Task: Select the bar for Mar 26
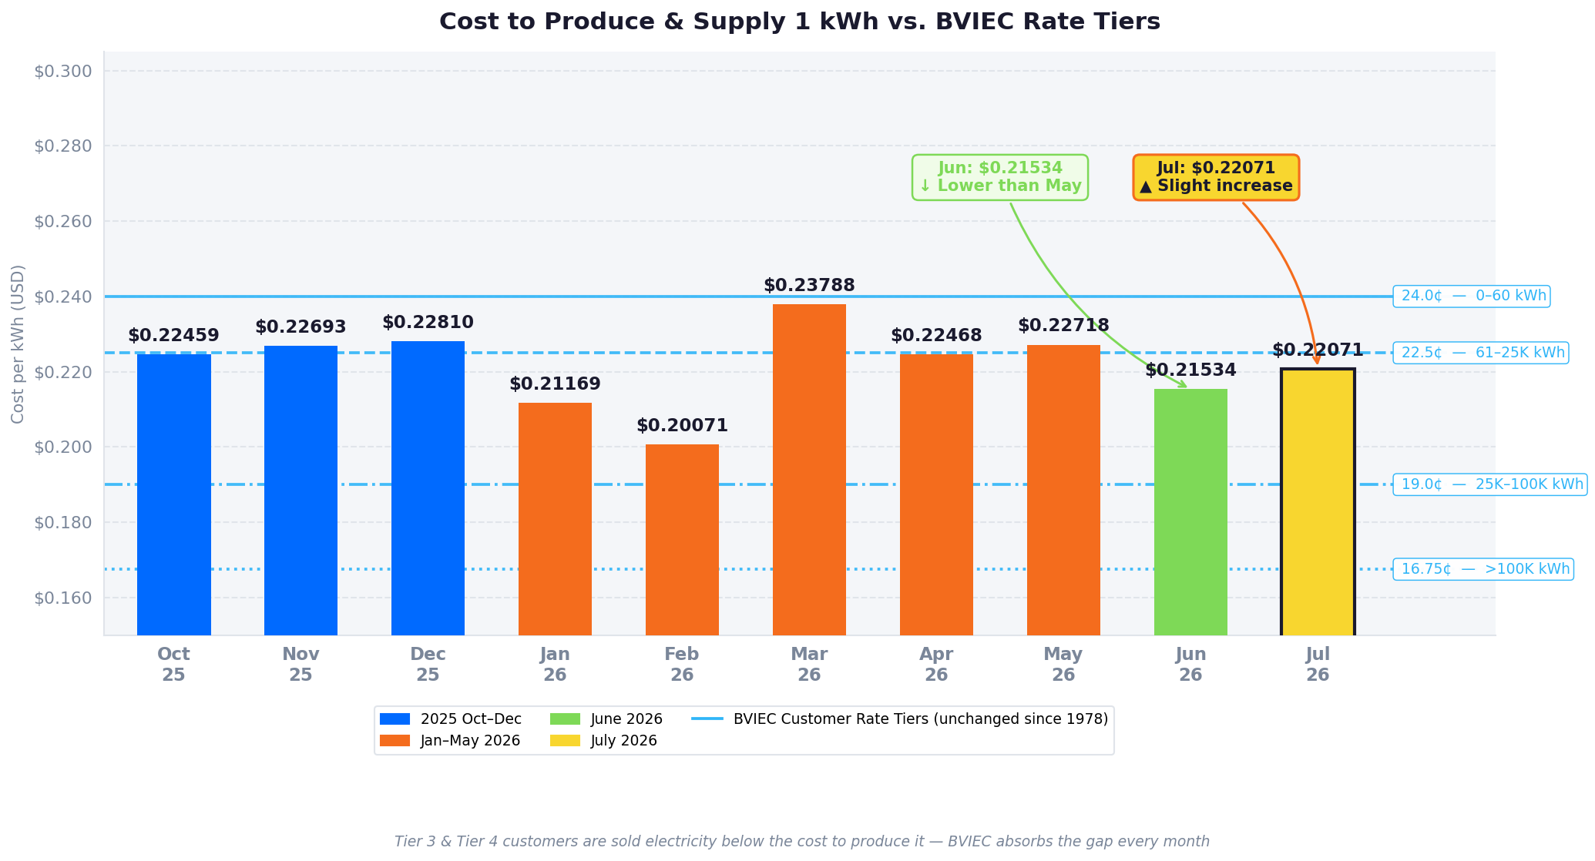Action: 809,470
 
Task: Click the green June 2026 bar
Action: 1190,512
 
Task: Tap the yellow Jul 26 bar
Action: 1318,502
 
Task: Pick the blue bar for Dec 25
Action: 428,488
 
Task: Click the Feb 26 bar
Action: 682,540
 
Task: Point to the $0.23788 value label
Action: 809,286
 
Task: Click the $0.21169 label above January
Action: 555,384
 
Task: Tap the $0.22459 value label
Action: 173,336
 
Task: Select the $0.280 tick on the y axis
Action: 63,146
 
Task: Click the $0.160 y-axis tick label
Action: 63,598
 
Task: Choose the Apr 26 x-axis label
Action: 936,665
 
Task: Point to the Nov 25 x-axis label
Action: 301,665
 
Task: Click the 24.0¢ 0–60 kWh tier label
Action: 1472,296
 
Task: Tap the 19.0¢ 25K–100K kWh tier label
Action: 1490,484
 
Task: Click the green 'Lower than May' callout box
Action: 1000,177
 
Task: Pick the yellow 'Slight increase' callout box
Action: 1216,177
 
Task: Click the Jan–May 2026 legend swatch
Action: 395,741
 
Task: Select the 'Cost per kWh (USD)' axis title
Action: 18,343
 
